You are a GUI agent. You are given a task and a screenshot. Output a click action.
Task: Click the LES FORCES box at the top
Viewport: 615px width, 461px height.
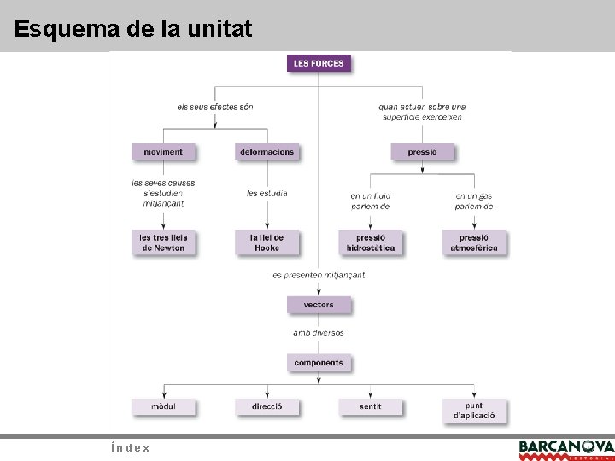319,63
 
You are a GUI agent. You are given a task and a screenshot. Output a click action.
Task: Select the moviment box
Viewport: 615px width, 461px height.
163,152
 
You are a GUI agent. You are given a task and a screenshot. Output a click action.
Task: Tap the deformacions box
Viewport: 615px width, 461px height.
266,152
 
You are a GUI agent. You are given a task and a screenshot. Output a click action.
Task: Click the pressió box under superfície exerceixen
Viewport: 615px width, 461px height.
422,152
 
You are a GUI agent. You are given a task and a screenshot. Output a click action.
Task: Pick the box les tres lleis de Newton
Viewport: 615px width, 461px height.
163,242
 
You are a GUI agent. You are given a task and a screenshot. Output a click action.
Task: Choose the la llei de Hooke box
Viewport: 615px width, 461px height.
266,242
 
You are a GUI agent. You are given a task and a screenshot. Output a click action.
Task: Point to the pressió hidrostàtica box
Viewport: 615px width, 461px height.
370,242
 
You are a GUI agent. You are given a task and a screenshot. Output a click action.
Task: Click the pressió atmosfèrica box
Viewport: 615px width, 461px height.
474,242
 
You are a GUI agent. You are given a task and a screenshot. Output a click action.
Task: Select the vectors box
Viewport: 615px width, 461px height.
319,305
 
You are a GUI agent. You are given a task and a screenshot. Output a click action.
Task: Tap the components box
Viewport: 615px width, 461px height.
319,363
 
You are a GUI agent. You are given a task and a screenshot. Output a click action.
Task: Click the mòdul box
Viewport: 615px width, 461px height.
163,406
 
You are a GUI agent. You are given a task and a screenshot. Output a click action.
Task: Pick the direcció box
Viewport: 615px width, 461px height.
266,406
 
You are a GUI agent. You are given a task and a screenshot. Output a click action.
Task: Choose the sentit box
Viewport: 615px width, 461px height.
370,406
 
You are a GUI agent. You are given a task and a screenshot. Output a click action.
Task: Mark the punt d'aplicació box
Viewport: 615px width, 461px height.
474,411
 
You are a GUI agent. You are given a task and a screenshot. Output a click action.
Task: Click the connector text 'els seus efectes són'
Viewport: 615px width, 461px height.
215,107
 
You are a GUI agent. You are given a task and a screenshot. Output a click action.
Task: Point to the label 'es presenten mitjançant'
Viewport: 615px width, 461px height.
319,275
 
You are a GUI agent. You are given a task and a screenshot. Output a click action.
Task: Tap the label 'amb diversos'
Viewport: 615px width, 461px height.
319,333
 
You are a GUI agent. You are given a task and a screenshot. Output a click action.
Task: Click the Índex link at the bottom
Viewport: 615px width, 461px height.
131,447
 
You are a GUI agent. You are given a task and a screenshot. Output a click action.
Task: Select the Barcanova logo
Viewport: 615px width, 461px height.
565,448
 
